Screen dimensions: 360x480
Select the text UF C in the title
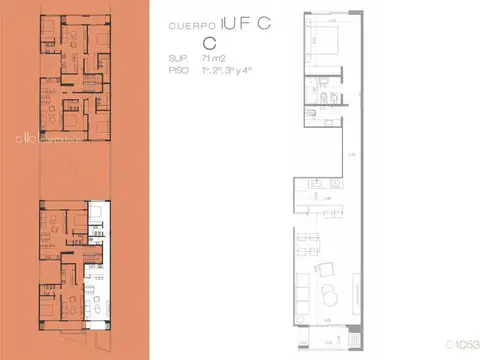244,24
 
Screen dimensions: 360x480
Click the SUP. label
178,60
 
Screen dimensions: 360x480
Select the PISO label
179,70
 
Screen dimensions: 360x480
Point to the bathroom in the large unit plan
328,99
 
